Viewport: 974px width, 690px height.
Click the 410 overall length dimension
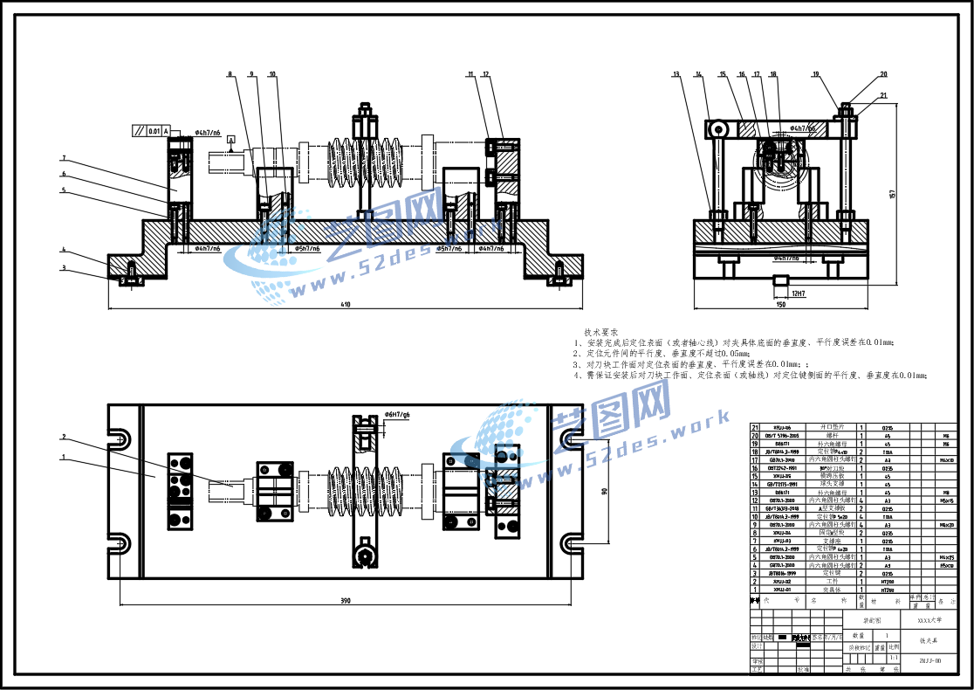point(345,305)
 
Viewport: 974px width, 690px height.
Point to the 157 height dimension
point(891,193)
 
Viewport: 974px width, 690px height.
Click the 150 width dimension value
point(780,305)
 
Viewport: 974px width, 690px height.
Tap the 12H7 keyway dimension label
point(799,293)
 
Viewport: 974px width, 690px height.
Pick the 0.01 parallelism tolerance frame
point(149,131)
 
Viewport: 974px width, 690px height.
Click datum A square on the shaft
point(230,140)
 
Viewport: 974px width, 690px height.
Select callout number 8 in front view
point(230,75)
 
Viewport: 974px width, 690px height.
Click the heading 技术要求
point(601,333)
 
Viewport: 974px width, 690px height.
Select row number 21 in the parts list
point(755,427)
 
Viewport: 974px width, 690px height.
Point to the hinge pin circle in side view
point(717,129)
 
